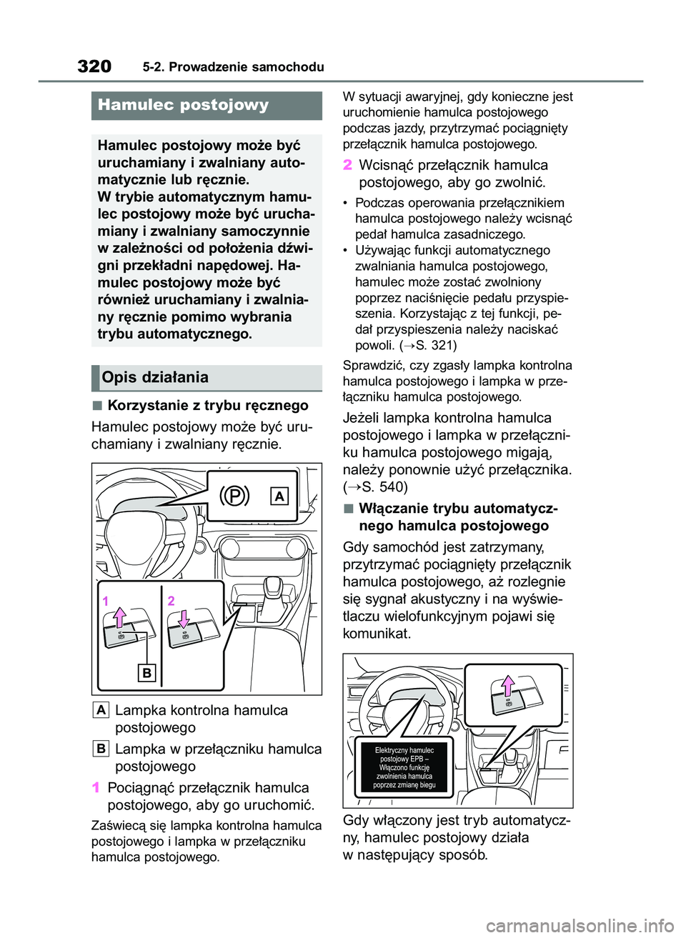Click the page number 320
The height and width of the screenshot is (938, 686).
pyautogui.click(x=94, y=66)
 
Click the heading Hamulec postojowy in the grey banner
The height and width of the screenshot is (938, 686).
pyautogui.click(x=184, y=105)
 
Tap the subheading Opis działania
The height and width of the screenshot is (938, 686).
pyautogui.click(x=155, y=377)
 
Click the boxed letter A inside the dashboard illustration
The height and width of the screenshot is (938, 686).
pyautogui.click(x=279, y=496)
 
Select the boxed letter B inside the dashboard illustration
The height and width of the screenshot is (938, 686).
pyautogui.click(x=146, y=672)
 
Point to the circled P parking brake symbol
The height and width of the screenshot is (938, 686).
pyautogui.click(x=234, y=495)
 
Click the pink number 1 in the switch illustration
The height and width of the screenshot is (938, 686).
pyautogui.click(x=105, y=602)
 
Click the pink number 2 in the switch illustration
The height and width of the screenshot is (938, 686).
pyautogui.click(x=171, y=601)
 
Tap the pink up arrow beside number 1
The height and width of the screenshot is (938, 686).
pyautogui.click(x=119, y=616)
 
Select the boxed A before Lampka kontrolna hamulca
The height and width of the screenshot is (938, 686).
pyautogui.click(x=101, y=710)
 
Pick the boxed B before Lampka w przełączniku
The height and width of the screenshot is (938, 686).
pyautogui.click(x=101, y=749)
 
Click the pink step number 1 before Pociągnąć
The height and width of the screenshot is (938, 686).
pyautogui.click(x=96, y=788)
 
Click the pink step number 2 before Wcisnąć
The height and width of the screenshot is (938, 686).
pyautogui.click(x=347, y=165)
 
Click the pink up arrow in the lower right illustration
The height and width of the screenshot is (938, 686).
pyautogui.click(x=508, y=687)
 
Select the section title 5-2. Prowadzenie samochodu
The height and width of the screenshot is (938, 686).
pyautogui.click(x=233, y=67)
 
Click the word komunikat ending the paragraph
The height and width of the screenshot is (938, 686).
pyautogui.click(x=377, y=634)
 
